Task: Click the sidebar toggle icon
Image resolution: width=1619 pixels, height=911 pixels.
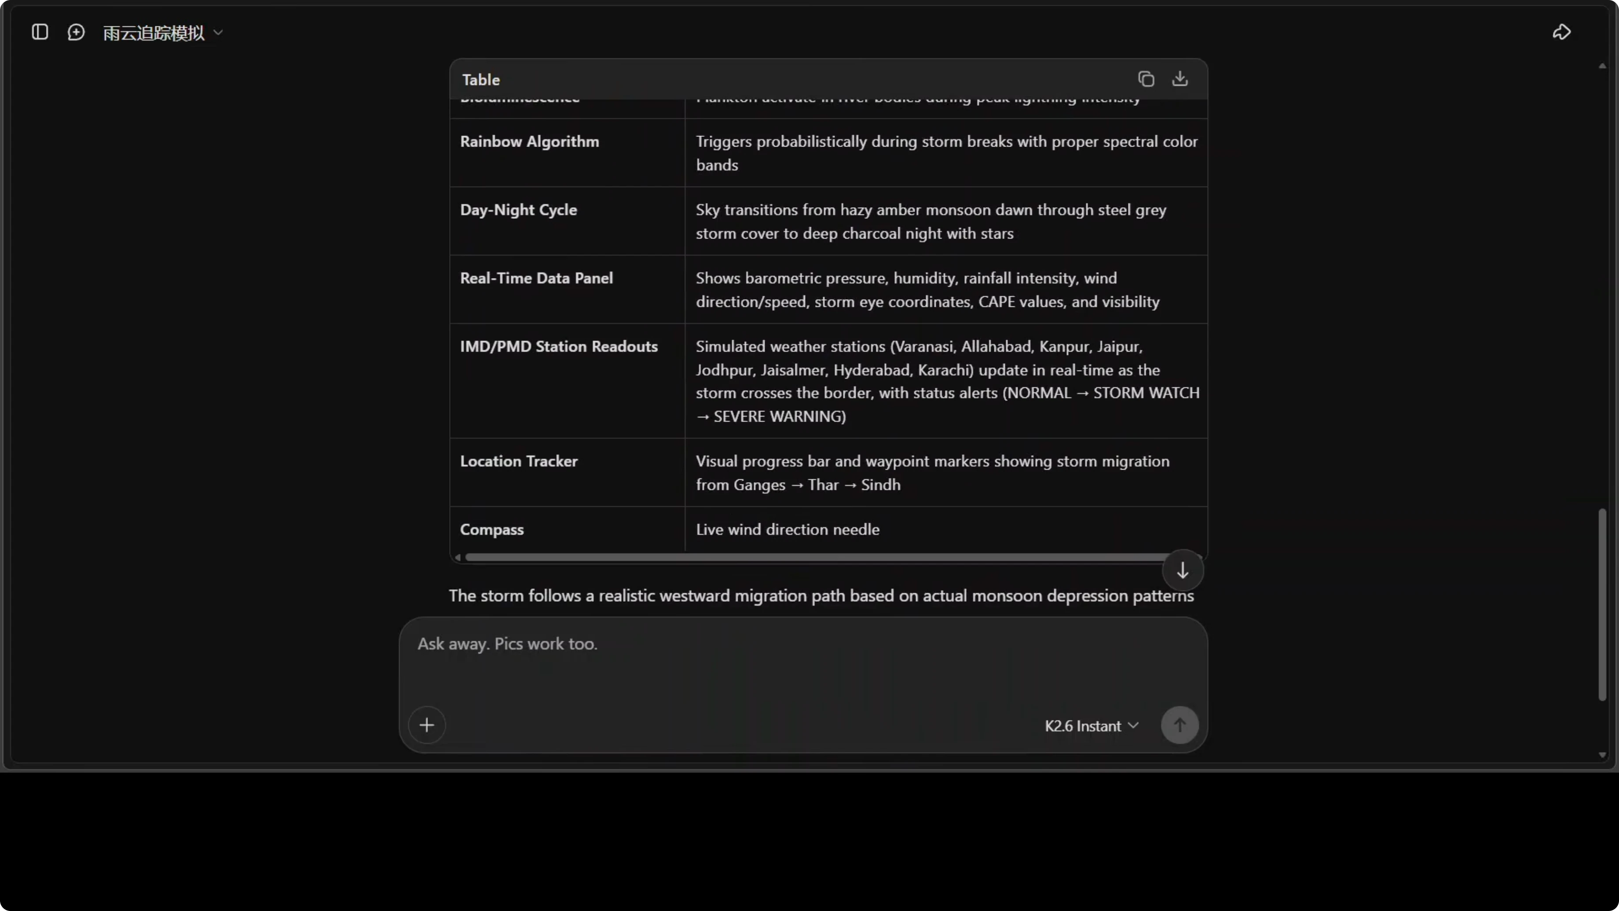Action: tap(40, 32)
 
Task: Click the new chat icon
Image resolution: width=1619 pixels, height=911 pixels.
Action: tap(76, 32)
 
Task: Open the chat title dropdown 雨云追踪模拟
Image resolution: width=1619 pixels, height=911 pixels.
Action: tap(163, 33)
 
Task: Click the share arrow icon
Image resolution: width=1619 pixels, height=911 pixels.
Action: tap(1561, 32)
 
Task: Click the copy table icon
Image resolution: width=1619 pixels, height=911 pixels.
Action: tap(1146, 79)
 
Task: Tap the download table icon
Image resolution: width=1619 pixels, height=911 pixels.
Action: tap(1179, 79)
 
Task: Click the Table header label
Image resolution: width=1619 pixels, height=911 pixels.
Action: tap(481, 80)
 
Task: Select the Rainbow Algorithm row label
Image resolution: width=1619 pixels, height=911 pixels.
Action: tap(529, 141)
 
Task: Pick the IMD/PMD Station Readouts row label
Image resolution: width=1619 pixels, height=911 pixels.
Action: tap(558, 346)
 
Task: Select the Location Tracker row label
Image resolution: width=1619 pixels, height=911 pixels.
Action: tap(519, 462)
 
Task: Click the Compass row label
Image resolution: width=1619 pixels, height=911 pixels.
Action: tap(491, 529)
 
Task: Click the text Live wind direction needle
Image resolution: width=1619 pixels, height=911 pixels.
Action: tap(787, 529)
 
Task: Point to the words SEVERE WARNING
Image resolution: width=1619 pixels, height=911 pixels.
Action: tap(779, 416)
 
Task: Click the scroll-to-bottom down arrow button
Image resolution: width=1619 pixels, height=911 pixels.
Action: tap(1182, 570)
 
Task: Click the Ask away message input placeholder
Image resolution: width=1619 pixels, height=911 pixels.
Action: tap(507, 644)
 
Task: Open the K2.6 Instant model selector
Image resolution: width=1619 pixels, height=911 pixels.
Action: tap(1091, 726)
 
